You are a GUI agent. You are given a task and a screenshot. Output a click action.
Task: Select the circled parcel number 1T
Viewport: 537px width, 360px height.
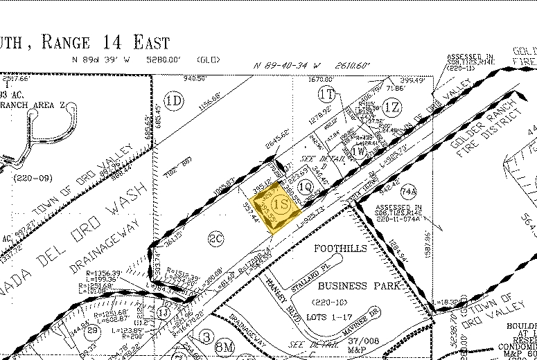[327, 93]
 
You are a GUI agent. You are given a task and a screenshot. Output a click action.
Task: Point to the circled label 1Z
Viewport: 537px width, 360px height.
[392, 106]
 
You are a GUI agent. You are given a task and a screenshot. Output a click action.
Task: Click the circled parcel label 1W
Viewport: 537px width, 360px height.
[359, 151]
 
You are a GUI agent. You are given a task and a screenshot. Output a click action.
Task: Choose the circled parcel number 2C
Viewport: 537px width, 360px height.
[215, 240]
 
